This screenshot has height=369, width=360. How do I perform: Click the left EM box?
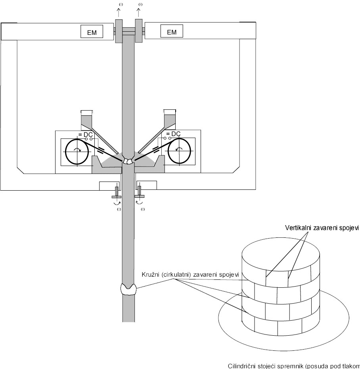point(92,32)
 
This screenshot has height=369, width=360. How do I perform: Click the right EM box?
point(172,32)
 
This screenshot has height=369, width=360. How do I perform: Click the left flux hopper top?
point(86,113)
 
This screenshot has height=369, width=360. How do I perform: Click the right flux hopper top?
point(170,113)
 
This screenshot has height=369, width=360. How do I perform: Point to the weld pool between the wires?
point(128,161)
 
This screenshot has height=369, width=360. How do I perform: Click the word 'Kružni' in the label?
point(150,275)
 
